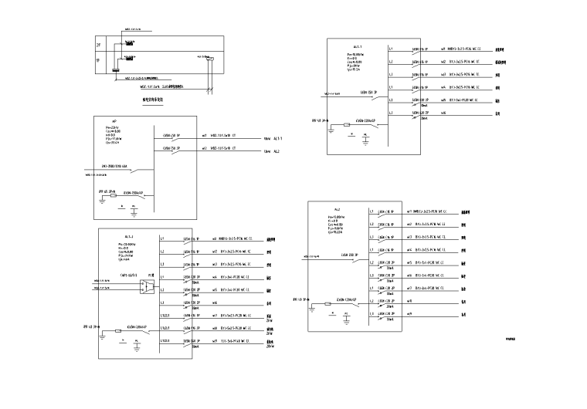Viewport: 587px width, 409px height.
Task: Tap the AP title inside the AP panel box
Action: pos(115,120)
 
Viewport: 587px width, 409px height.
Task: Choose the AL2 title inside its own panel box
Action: pos(338,209)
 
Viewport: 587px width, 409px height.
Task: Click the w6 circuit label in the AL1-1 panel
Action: pos(443,113)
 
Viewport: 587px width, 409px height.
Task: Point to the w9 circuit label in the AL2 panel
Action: pos(409,314)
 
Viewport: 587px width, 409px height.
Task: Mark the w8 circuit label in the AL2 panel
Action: pos(409,301)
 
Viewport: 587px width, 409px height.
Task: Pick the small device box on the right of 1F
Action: pos(206,57)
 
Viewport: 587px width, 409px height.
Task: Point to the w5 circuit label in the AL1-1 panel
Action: pos(443,100)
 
